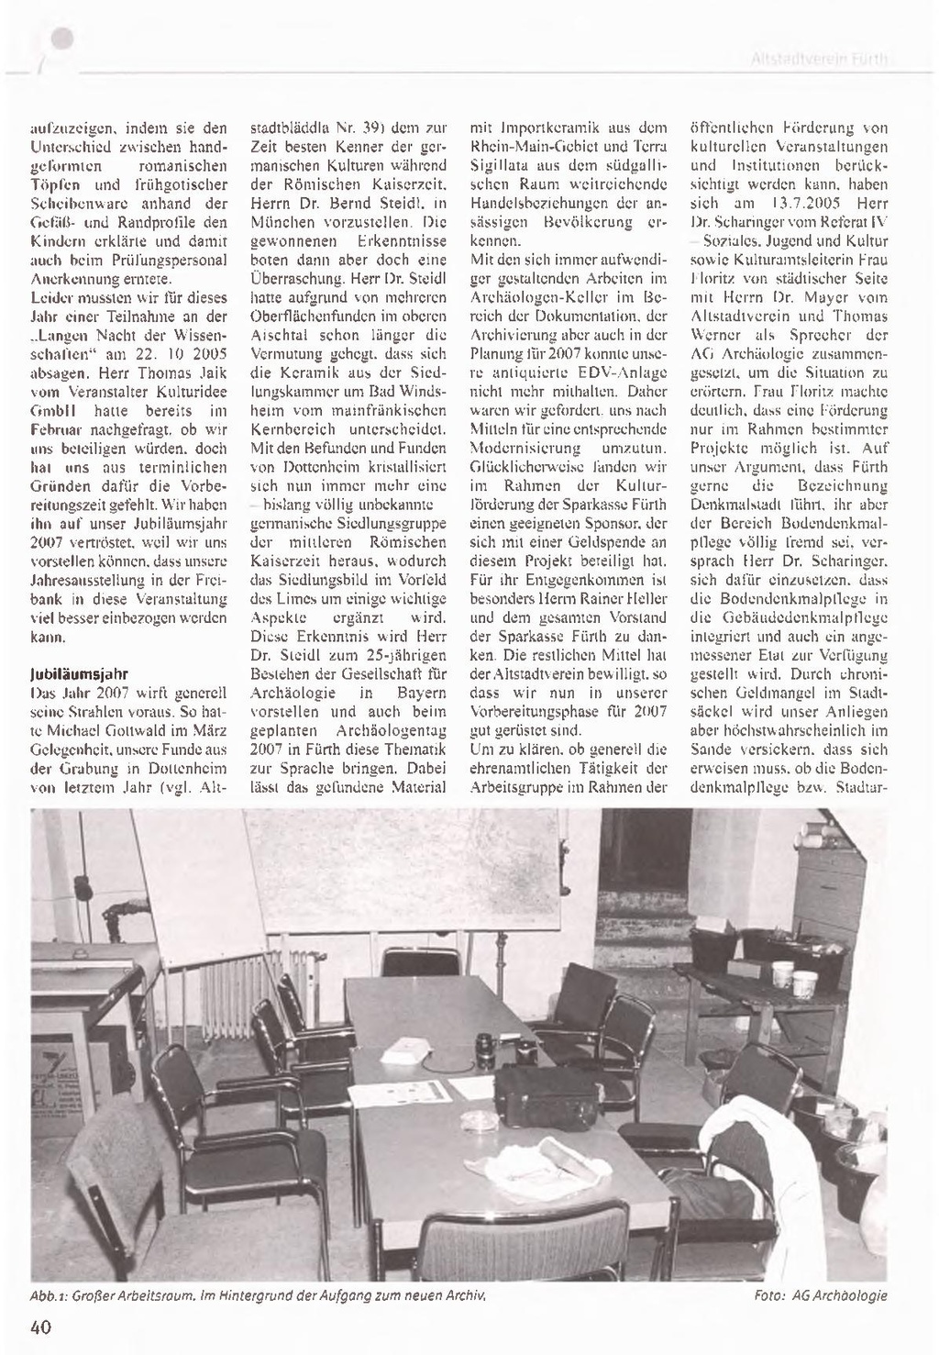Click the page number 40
[39, 1327]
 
